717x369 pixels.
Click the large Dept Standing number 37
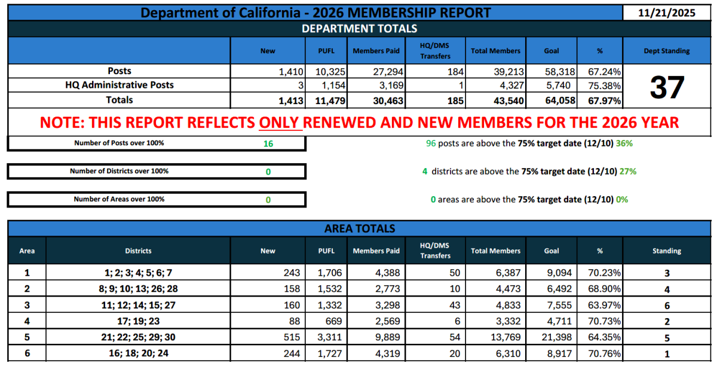coord(666,87)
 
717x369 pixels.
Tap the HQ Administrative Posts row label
coord(119,85)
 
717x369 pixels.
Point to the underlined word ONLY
coord(281,123)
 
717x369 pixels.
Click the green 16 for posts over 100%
coord(268,144)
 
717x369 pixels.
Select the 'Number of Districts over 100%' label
coord(119,171)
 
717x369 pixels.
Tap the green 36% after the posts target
coord(624,144)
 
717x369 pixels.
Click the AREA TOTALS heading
coord(359,228)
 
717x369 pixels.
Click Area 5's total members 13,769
coord(507,337)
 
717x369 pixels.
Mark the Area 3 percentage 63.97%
coord(605,305)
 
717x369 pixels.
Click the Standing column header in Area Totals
coord(666,251)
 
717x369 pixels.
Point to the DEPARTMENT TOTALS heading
coord(359,29)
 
